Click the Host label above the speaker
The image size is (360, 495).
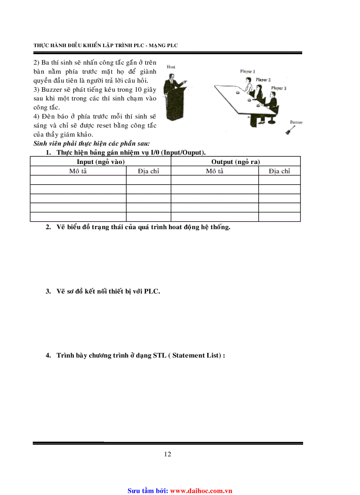tap(171, 67)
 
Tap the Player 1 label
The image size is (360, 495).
tap(247, 71)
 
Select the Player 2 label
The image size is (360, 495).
tap(263, 80)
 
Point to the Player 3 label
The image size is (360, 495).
tap(279, 88)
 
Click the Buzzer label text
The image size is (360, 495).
tap(296, 122)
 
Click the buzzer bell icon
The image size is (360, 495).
tap(289, 130)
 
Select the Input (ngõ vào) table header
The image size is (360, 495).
tap(101, 162)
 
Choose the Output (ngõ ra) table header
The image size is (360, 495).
tap(236, 162)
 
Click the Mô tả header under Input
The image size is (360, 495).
tap(78, 171)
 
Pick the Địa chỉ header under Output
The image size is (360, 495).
tap(279, 171)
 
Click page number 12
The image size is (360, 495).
tap(168, 454)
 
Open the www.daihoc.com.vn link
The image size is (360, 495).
tap(201, 490)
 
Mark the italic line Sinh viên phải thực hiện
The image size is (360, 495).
tap(92, 144)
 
